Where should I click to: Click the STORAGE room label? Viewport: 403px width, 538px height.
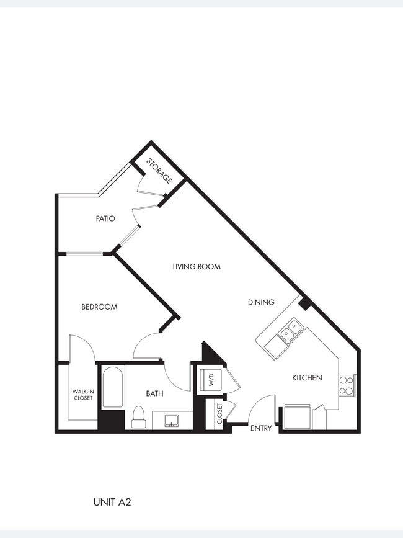pos(159,171)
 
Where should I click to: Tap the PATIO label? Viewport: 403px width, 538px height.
pos(105,218)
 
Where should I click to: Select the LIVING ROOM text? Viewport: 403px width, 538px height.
pos(197,267)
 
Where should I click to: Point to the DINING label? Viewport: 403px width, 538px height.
pos(261,302)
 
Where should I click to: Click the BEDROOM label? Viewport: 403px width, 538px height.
pos(99,307)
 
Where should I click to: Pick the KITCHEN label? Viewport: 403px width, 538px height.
pos(307,377)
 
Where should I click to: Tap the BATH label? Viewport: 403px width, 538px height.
pos(154,393)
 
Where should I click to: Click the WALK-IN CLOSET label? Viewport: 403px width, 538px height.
pos(82,395)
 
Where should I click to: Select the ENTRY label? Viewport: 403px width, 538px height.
pos(260,428)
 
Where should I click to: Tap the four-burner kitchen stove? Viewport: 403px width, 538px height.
pos(346,385)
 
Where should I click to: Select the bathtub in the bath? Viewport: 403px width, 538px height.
pos(112,387)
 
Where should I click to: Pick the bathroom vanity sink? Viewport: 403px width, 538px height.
pos(171,421)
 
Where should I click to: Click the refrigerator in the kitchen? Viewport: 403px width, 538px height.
pos(296,416)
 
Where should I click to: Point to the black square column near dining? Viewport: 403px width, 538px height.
pos(304,303)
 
